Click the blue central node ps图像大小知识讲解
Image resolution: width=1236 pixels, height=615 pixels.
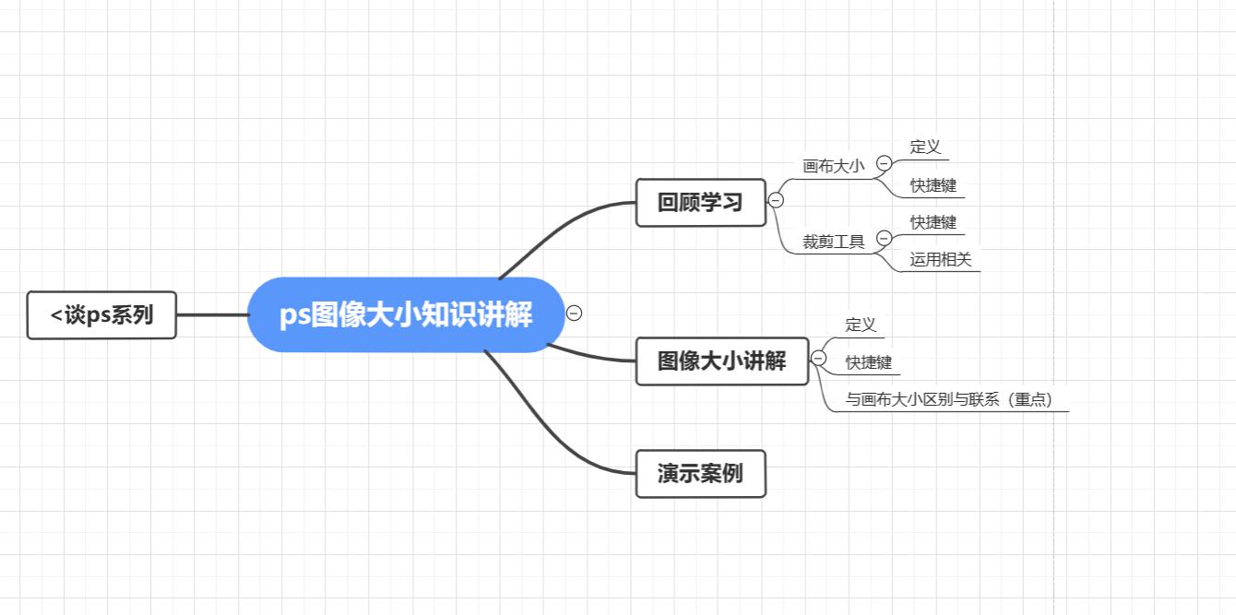(406, 314)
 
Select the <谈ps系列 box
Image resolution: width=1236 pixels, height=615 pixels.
(101, 314)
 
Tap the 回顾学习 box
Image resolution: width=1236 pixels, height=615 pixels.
(700, 202)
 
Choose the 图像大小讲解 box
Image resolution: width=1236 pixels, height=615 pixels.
(721, 361)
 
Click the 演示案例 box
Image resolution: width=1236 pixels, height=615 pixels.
(700, 474)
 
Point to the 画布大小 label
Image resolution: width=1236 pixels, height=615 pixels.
(834, 166)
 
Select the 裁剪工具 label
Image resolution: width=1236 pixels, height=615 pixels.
(834, 242)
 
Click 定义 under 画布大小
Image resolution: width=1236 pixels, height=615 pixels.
(925, 147)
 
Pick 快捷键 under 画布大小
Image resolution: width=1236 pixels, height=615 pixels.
(933, 185)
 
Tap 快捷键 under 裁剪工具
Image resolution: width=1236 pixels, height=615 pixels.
(933, 222)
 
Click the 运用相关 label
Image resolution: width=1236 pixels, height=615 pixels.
(941, 260)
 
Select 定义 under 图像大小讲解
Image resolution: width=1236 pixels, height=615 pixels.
(861, 325)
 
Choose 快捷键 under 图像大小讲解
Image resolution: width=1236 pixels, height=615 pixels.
(869, 362)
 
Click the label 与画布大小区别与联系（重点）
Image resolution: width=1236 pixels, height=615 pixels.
(949, 400)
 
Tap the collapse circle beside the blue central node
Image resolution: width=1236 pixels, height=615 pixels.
(574, 313)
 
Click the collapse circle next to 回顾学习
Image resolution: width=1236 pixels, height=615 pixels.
(776, 200)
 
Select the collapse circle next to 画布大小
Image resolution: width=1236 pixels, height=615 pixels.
(883, 163)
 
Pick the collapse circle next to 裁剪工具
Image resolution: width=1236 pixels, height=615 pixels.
(883, 239)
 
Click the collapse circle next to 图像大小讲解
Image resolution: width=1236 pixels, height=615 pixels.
(818, 358)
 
